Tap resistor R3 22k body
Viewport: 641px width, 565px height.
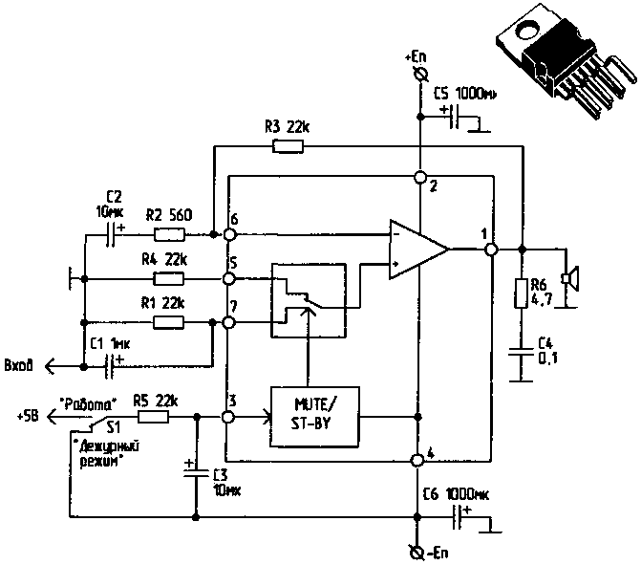click(288, 146)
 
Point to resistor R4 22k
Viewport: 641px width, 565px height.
click(169, 279)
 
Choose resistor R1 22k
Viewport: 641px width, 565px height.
click(169, 324)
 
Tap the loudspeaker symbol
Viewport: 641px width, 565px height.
click(569, 278)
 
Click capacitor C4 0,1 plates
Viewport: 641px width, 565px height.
click(522, 351)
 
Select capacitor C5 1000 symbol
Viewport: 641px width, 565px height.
click(457, 119)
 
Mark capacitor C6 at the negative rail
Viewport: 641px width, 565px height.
click(460, 517)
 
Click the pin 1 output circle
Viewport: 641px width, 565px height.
click(491, 249)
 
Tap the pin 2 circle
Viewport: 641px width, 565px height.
click(418, 178)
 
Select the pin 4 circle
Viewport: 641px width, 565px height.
click(417, 461)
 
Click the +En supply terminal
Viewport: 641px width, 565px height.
click(417, 74)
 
